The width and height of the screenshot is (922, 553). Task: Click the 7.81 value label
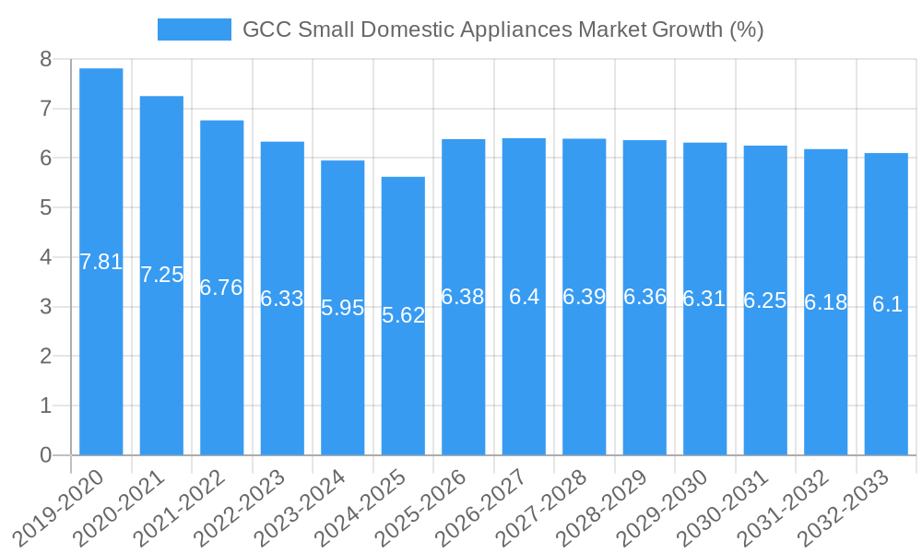point(101,262)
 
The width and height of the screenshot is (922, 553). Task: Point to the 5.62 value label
point(403,315)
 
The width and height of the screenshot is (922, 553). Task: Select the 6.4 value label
point(524,297)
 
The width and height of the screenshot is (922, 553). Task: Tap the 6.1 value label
point(887,304)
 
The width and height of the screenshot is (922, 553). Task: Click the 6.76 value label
point(221,288)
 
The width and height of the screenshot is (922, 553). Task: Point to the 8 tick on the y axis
point(45,59)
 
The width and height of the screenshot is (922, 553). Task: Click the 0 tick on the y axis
point(45,455)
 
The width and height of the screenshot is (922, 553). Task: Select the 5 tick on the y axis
point(45,207)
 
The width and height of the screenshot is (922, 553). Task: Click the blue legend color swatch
point(194,29)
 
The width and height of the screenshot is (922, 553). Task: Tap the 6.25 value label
point(765,300)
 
